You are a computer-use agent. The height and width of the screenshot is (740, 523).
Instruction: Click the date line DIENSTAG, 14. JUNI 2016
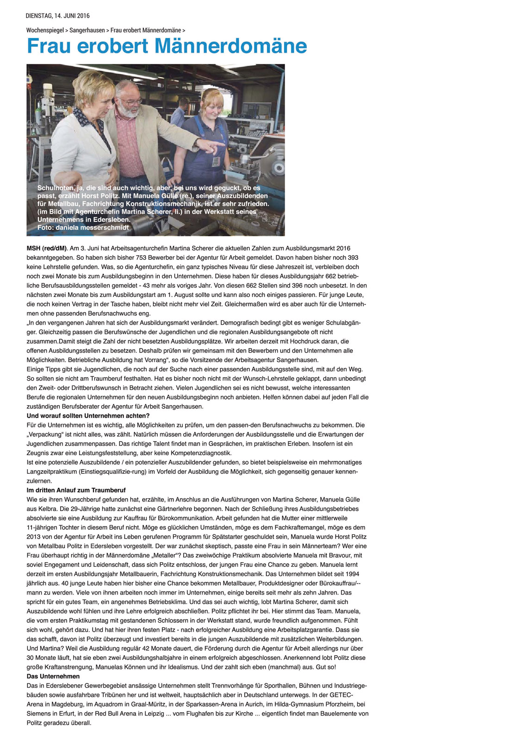coord(57,16)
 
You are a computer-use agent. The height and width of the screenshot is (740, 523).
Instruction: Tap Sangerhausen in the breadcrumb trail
coord(87,30)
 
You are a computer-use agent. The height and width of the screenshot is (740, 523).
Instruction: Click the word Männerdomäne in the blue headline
coord(230,46)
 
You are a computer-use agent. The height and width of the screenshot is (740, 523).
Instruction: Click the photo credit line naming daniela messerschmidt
coord(83,227)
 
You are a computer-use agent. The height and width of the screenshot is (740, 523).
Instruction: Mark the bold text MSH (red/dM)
coord(47,248)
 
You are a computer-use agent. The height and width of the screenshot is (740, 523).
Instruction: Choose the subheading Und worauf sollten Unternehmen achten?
coord(88,416)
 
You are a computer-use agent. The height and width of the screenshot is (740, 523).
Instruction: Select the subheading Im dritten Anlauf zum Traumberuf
coord(76,490)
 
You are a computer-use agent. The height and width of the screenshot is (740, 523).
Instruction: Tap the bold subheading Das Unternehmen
coord(53,676)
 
